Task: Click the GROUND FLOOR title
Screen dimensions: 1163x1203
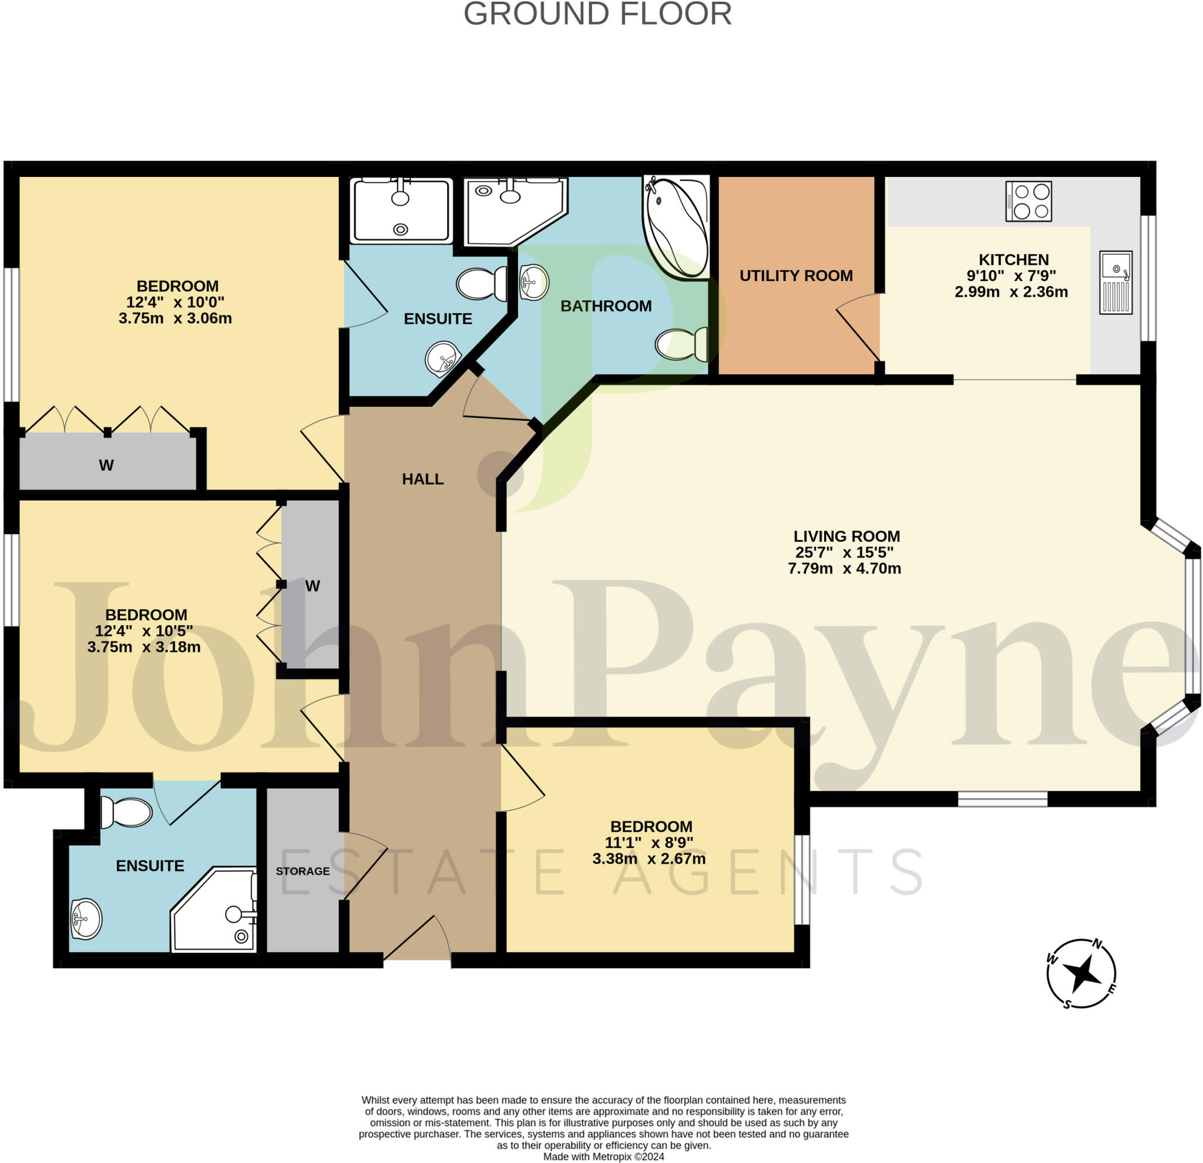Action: tap(597, 14)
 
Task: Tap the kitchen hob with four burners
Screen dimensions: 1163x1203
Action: tap(1028, 201)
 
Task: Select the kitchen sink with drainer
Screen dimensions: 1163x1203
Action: tap(1115, 283)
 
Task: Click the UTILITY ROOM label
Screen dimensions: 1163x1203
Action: tap(795, 276)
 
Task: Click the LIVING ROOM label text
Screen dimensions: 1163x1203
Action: tap(846, 536)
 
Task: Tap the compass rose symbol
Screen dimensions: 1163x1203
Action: tap(1081, 973)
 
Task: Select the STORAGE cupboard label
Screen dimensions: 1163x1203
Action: tap(303, 872)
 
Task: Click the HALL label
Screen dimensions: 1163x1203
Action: tap(422, 479)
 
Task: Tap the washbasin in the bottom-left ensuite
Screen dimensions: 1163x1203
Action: tap(86, 919)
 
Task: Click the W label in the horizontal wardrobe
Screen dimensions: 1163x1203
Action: tap(106, 465)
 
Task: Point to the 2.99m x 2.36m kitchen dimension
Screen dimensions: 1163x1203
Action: tap(1011, 292)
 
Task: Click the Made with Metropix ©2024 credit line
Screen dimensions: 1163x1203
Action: tap(603, 1157)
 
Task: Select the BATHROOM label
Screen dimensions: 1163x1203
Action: tap(606, 306)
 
